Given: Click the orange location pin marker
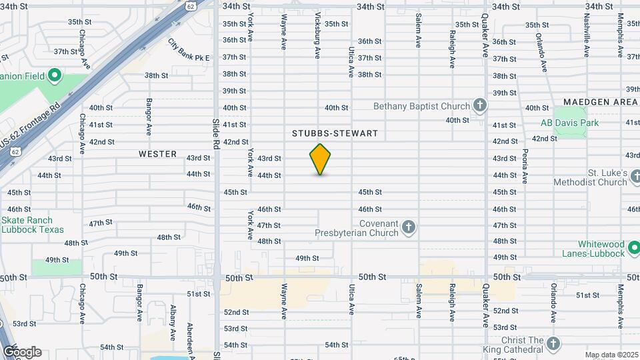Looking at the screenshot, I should coord(320,159).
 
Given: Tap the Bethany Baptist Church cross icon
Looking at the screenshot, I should coord(479,105).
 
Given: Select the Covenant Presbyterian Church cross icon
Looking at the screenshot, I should coord(409,229).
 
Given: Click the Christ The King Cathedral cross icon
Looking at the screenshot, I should coord(553,344).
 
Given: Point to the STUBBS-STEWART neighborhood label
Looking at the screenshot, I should coord(335,133).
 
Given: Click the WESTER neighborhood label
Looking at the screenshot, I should coord(158,154).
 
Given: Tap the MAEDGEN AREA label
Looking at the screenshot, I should coord(600,101).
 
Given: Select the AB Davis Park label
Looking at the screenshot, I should coord(570,123).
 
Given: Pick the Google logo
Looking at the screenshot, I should coord(22,352).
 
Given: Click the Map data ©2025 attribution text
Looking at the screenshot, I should coord(612,355).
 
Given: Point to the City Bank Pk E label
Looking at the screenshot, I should coord(189,49).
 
